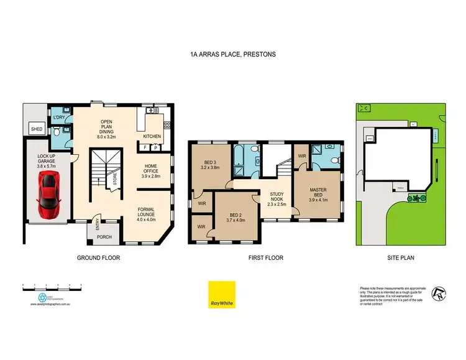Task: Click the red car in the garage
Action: (48, 195)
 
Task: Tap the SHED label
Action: (36, 129)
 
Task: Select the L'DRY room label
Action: (60, 118)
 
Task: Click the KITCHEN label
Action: (152, 136)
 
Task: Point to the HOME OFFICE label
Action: (151, 170)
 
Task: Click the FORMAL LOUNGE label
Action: (150, 215)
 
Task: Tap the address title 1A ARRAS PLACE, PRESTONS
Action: (233, 54)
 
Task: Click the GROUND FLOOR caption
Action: (98, 257)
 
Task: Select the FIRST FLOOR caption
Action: (265, 257)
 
